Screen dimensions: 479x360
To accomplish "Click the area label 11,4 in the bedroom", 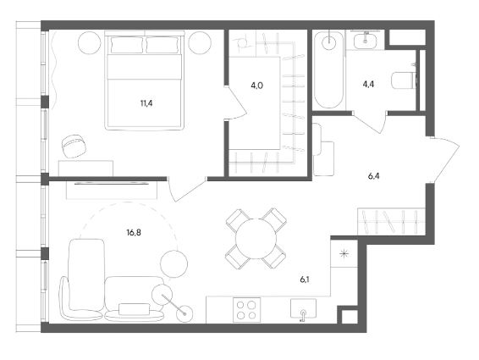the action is coord(146,103).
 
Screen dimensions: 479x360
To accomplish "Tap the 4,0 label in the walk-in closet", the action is coord(257,86).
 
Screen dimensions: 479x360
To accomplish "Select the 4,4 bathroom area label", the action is coord(368,84).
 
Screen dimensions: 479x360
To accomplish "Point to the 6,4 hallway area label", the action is coord(373,176).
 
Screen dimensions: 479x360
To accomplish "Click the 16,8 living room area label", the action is coord(134,233).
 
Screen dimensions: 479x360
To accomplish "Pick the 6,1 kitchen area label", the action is coord(305,280).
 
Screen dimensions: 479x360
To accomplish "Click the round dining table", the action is coord(256,238).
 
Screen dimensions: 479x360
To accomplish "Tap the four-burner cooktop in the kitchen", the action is coord(247,310).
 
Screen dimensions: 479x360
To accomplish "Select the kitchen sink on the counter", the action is coord(303,309).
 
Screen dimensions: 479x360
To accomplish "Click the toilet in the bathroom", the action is coord(404,80).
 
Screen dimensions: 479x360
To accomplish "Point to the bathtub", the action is coord(328,69).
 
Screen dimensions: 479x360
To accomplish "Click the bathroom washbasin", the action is coord(366,40).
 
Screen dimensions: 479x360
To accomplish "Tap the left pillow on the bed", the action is coord(127,45).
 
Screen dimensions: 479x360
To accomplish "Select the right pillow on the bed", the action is coord(162,45).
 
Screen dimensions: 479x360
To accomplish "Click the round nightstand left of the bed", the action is coord(90,43).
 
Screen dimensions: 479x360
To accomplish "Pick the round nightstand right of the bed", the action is coord(200,43).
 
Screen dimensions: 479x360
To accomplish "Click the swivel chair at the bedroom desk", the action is coord(74,146).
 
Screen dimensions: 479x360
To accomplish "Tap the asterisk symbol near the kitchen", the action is coord(344,253).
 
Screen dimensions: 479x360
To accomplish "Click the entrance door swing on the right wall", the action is coord(445,162).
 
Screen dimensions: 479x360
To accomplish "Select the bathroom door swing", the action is coord(369,122).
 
